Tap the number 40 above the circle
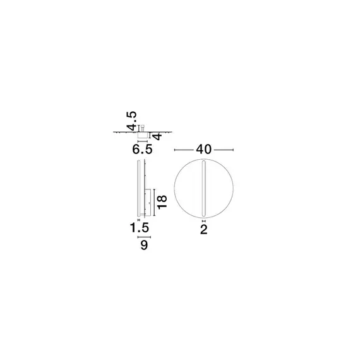click(203, 150)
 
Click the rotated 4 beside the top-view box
click(157, 135)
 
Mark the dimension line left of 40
click(184, 150)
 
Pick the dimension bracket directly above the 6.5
click(143, 142)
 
